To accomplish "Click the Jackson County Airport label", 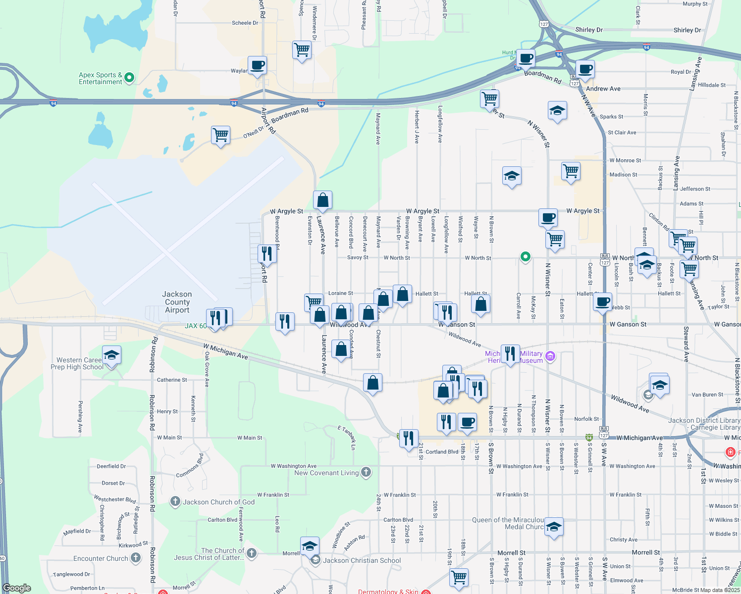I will (177, 302).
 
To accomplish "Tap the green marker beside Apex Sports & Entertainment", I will (129, 77).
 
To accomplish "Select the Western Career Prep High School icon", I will (111, 355).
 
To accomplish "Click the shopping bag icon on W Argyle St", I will (322, 200).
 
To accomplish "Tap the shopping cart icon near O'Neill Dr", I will (220, 135).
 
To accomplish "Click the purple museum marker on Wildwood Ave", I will (550, 356).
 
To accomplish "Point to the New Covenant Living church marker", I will (366, 472).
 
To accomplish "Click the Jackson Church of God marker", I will (175, 501).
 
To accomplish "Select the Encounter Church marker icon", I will (135, 558).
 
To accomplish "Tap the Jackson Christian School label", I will (362, 560).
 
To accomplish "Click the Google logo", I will (17, 588).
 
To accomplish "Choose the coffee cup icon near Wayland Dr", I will (258, 65).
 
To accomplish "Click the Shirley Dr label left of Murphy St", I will (589, 30).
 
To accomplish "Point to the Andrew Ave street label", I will (603, 89).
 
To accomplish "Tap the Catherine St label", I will (172, 380).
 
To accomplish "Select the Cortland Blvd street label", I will (442, 452).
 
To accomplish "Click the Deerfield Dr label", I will (111, 466).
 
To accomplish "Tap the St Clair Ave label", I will (622, 133).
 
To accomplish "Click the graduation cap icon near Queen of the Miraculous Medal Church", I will (554, 527).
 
